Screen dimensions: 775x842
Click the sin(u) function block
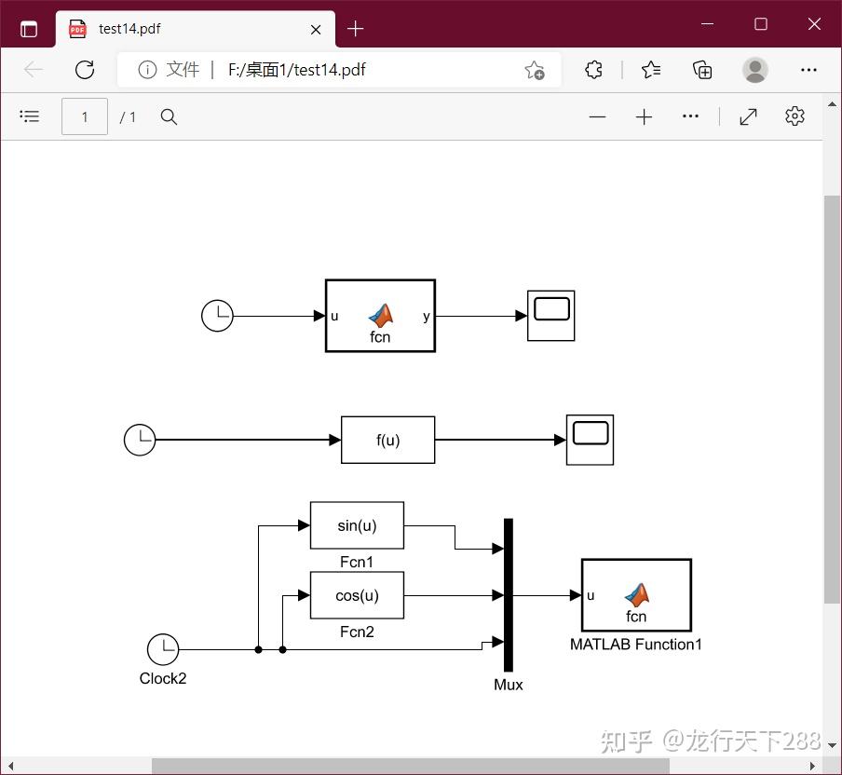coord(357,525)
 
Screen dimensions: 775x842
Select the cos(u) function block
coord(357,595)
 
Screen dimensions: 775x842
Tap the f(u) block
coord(387,440)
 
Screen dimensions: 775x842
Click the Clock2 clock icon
coord(163,649)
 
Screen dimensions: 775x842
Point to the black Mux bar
coord(509,594)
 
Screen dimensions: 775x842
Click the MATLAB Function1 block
coord(636,595)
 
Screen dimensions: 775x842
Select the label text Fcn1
coord(357,562)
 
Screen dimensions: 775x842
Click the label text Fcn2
coord(357,632)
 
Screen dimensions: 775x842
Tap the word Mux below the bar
coord(509,685)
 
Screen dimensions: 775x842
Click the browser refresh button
coord(85,70)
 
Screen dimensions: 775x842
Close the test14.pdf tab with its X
coord(316,29)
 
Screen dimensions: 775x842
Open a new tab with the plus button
coord(355,29)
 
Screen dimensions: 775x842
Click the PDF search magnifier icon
coord(169,116)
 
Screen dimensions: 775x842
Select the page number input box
coord(85,116)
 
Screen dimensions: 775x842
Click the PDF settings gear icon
coord(794,116)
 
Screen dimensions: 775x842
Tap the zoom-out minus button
coord(598,116)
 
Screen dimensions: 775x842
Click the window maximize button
coord(761,24)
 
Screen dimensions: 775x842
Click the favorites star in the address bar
coord(534,70)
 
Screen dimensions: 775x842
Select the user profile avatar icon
coord(755,70)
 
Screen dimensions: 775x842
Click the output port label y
coord(427,317)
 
